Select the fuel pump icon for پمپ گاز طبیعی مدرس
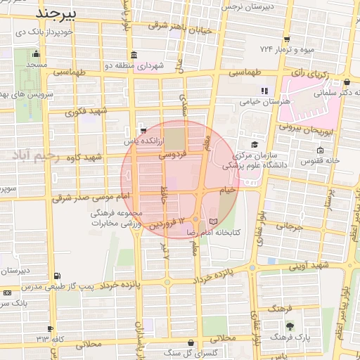pyautogui.click(x=56, y=276)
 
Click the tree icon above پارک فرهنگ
pyautogui.click(x=289, y=326)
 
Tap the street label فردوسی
pyautogui.click(x=172, y=153)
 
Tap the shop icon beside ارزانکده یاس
pyautogui.click(x=143, y=130)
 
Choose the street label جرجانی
pyautogui.click(x=288, y=226)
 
